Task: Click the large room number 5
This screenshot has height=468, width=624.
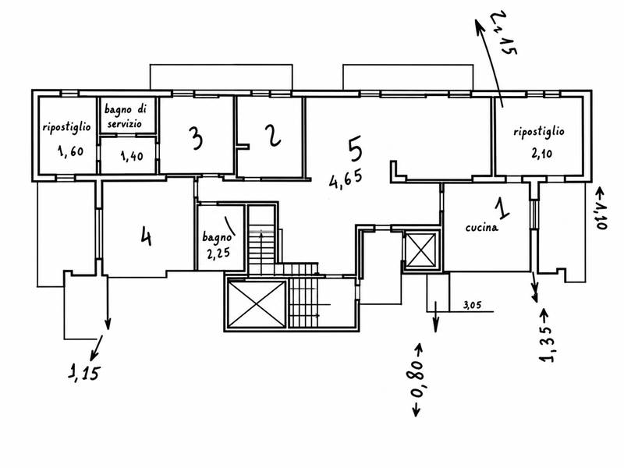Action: (355, 149)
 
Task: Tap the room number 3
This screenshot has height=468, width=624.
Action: (196, 138)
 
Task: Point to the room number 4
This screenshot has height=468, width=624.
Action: (146, 237)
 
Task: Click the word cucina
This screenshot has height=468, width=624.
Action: (481, 227)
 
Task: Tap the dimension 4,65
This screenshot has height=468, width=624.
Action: (346, 179)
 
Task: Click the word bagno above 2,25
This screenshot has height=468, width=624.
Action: (217, 237)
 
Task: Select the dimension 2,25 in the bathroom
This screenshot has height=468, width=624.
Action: (218, 253)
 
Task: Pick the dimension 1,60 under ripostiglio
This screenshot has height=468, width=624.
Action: (70, 151)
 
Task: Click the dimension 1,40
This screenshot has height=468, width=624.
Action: (132, 156)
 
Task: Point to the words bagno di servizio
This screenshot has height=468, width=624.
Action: (125, 115)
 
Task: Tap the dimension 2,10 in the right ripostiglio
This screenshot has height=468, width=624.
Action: (541, 153)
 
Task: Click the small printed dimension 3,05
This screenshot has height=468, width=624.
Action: (473, 305)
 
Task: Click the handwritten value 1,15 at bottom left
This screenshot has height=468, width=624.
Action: (83, 373)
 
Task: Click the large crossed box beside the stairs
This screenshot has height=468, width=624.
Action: (257, 304)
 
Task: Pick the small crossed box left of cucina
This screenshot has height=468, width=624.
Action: (421, 250)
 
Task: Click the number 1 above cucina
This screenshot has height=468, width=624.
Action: (502, 208)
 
